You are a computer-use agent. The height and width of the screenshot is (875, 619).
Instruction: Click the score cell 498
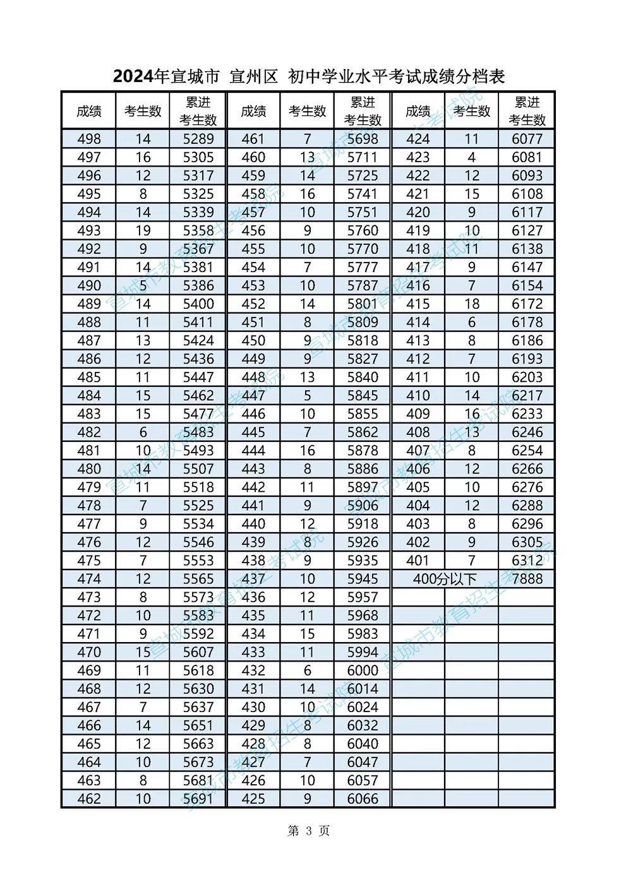point(89,139)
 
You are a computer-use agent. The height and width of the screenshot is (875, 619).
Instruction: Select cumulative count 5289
point(198,139)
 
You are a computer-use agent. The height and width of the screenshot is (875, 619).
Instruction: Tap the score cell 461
point(253,139)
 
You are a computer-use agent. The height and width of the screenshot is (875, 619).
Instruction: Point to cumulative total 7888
point(527,579)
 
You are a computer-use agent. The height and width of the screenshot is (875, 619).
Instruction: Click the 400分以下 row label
point(445,579)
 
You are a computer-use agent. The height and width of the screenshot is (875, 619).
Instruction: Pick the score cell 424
point(418,139)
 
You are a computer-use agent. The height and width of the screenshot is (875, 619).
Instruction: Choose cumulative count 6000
point(363,670)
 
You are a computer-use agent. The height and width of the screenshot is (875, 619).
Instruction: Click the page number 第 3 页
point(309,831)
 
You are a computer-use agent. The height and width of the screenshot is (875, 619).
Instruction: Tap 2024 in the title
point(133,77)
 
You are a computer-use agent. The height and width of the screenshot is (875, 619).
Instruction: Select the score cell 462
point(89,799)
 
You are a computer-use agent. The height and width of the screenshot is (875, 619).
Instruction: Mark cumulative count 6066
point(363,799)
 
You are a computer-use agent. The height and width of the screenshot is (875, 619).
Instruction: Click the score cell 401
point(418,561)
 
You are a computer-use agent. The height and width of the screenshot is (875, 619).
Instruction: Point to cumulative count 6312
point(527,561)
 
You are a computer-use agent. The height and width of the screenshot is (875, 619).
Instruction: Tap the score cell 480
point(89,469)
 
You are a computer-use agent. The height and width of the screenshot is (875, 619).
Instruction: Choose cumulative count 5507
point(198,469)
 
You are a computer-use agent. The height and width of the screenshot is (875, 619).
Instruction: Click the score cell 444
point(253,451)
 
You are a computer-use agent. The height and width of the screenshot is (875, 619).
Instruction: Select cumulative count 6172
point(527,304)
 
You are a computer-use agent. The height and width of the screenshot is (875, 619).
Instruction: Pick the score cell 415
point(418,304)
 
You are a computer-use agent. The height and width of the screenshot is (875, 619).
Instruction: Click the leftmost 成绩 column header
point(89,111)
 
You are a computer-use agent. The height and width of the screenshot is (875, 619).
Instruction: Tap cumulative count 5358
point(198,230)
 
